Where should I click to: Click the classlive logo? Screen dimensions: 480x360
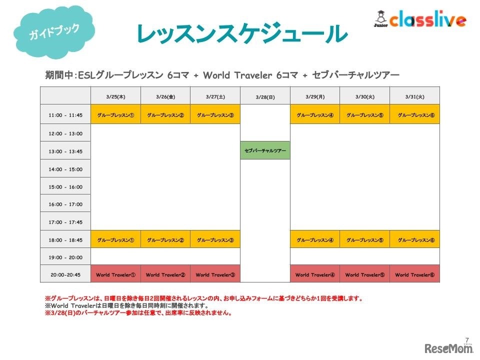[x=420, y=18]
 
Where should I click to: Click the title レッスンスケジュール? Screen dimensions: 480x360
[x=242, y=33]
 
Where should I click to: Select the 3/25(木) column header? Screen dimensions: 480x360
[x=115, y=96]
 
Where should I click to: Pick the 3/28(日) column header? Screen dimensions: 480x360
[x=265, y=96]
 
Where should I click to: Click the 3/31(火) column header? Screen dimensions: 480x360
[x=414, y=96]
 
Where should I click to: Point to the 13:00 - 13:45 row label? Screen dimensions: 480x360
[x=65, y=151]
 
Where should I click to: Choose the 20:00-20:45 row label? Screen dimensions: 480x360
[x=65, y=274]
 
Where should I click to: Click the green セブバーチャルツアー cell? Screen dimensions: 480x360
[x=265, y=150]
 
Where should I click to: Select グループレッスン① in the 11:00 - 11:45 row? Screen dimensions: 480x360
[x=115, y=115]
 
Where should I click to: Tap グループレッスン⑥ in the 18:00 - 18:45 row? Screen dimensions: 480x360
[x=414, y=239]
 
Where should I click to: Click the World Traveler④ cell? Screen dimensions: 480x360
[x=315, y=274]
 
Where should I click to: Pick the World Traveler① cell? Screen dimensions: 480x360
[x=115, y=274]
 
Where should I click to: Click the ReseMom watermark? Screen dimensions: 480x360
[x=448, y=348]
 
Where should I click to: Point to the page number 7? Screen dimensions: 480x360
[x=467, y=340]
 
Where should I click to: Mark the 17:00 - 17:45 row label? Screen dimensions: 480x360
[x=65, y=222]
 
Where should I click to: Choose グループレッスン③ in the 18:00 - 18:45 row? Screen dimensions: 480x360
[x=215, y=239]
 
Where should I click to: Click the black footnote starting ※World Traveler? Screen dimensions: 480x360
[x=126, y=305]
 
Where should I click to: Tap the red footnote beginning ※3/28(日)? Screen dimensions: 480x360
[x=138, y=312]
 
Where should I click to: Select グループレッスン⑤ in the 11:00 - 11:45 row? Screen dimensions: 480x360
[x=364, y=115]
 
